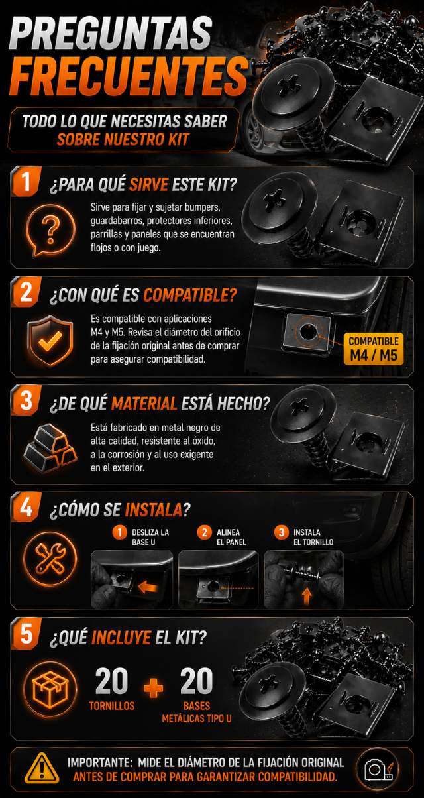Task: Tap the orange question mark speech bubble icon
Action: coord(50,230)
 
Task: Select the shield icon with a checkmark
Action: coord(50,340)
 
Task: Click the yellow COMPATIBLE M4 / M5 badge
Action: coord(374,349)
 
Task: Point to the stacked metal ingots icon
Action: coord(50,448)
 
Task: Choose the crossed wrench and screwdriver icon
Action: coord(50,558)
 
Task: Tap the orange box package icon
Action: coord(50,689)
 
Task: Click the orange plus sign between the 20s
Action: coord(154,687)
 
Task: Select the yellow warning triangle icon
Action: coord(42,768)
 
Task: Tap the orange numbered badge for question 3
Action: coord(26,400)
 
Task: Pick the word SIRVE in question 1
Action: coord(148,184)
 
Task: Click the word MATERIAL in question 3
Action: coord(144,404)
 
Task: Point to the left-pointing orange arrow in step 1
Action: coord(148,587)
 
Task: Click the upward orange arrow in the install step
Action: coord(307,597)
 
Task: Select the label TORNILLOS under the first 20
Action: coord(112,706)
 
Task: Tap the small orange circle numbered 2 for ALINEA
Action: coord(204,533)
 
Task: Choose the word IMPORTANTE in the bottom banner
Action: coord(99,762)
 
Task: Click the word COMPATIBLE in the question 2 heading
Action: coord(190,295)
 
